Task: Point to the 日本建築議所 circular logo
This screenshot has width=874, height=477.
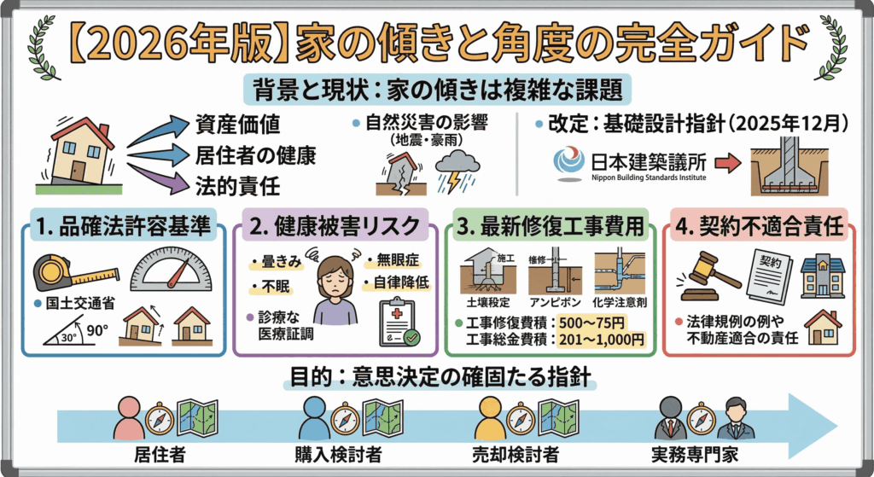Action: click(569, 162)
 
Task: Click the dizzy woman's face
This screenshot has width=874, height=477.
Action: click(335, 278)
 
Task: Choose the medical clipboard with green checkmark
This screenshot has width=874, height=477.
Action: click(397, 323)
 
